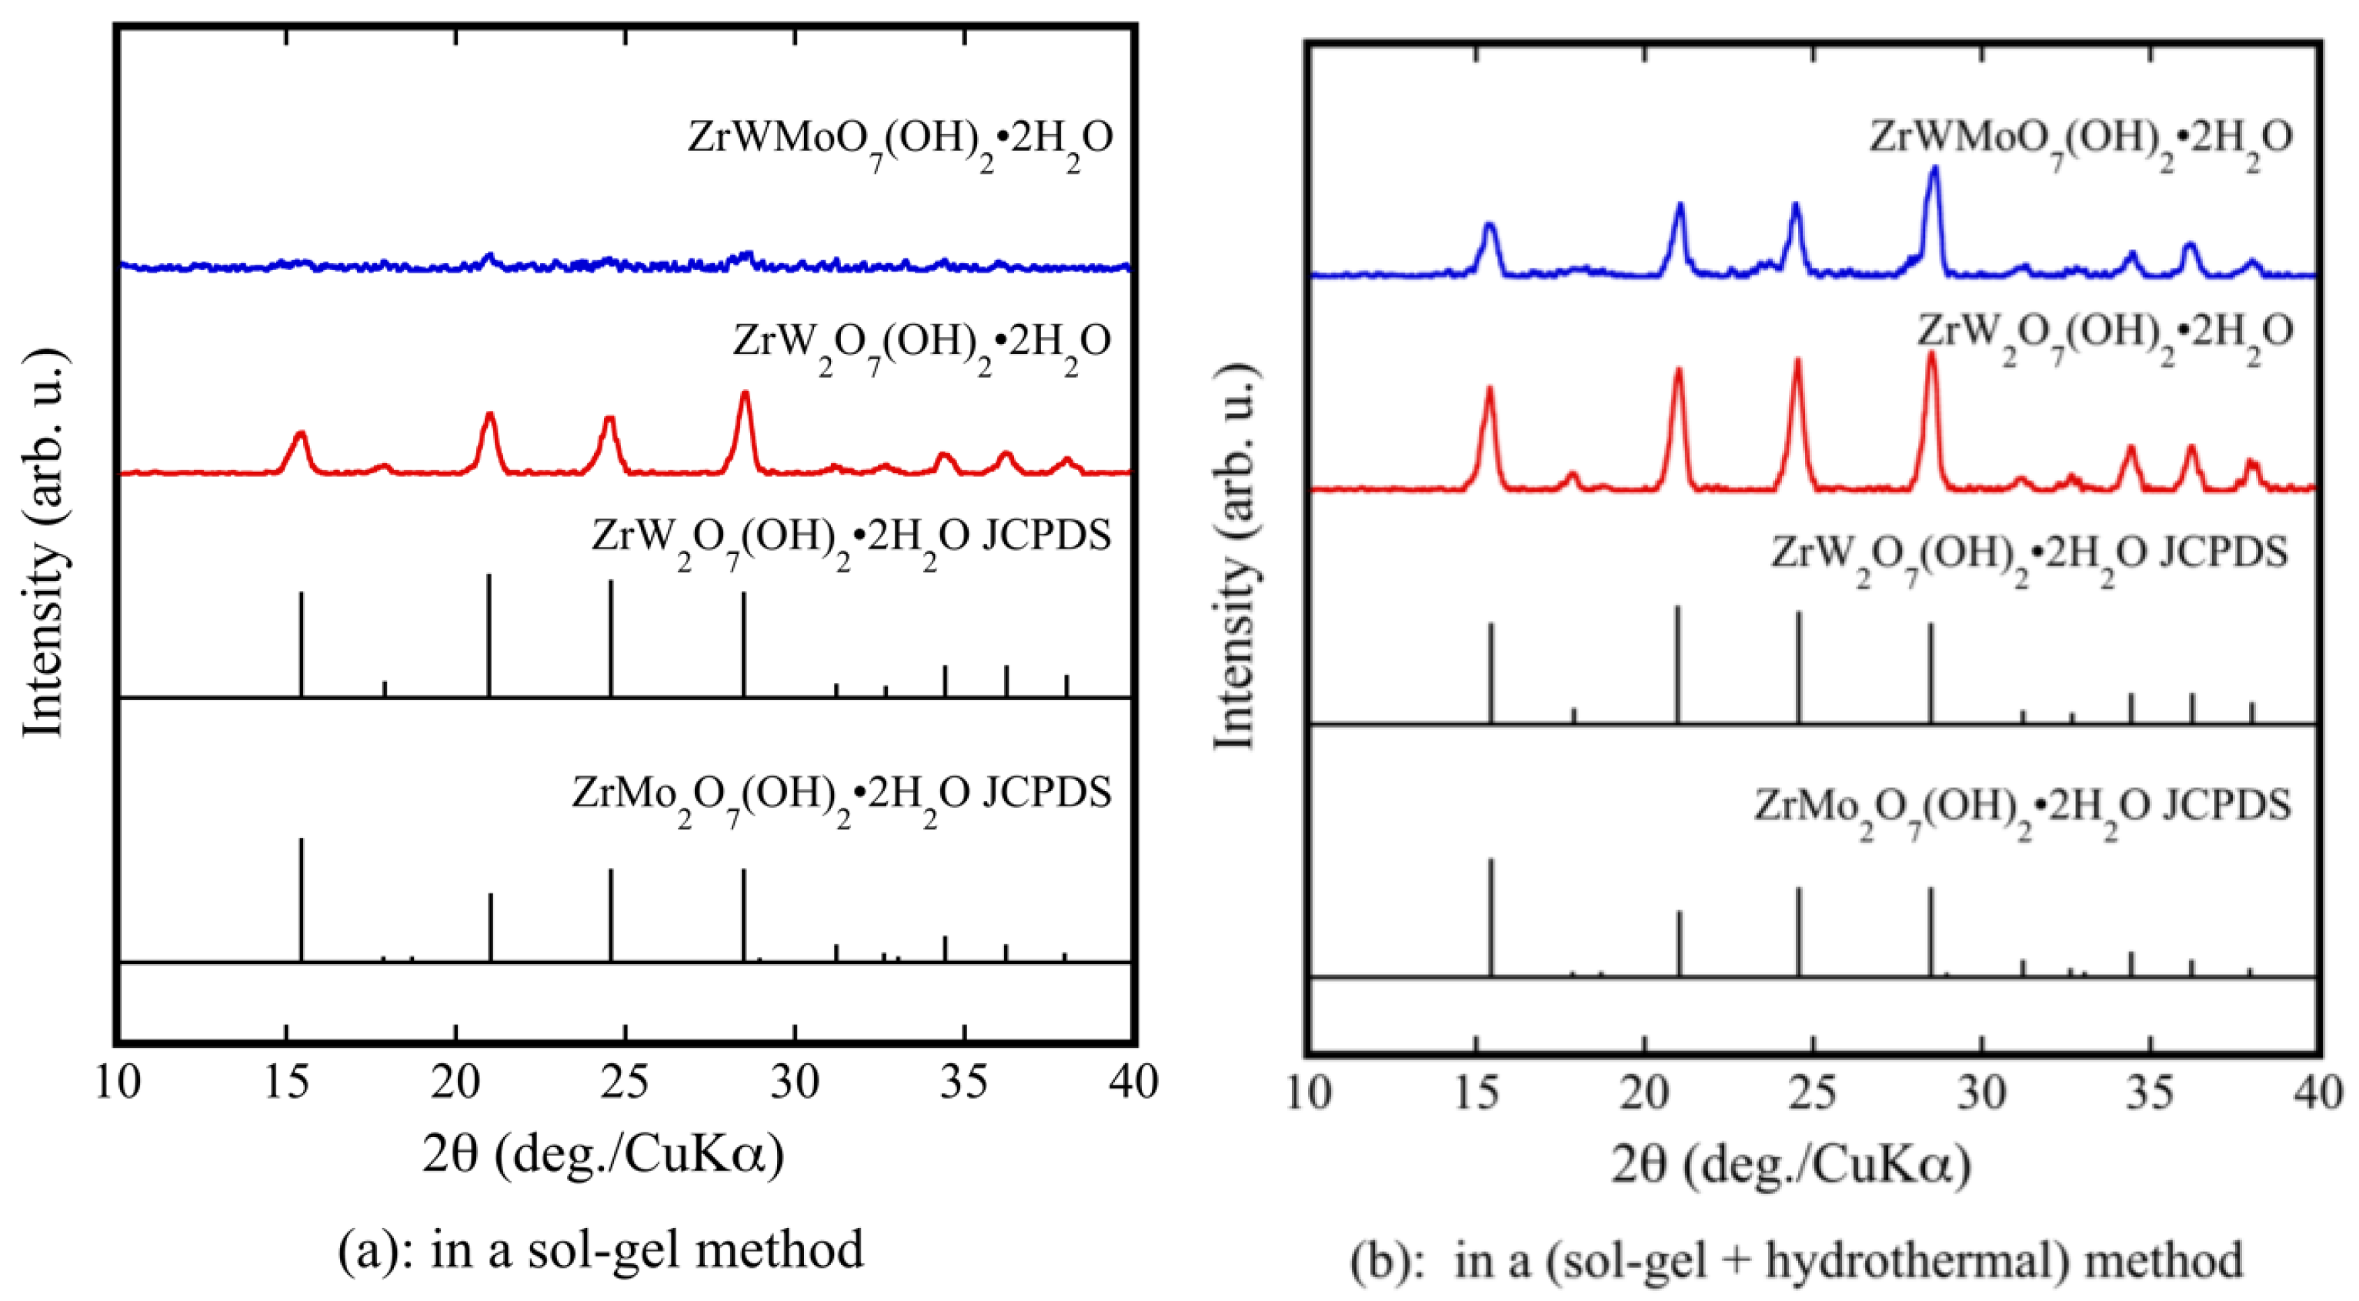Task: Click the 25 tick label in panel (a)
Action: (x=626, y=1083)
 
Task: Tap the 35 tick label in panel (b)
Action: (x=2149, y=1093)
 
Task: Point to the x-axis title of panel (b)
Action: (x=1790, y=1166)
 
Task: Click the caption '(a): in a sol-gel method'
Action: (x=601, y=1249)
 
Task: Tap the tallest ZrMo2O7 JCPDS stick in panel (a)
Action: (x=302, y=897)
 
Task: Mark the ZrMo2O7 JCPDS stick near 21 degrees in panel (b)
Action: (x=1679, y=943)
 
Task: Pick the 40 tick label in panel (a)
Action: (x=1133, y=1083)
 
